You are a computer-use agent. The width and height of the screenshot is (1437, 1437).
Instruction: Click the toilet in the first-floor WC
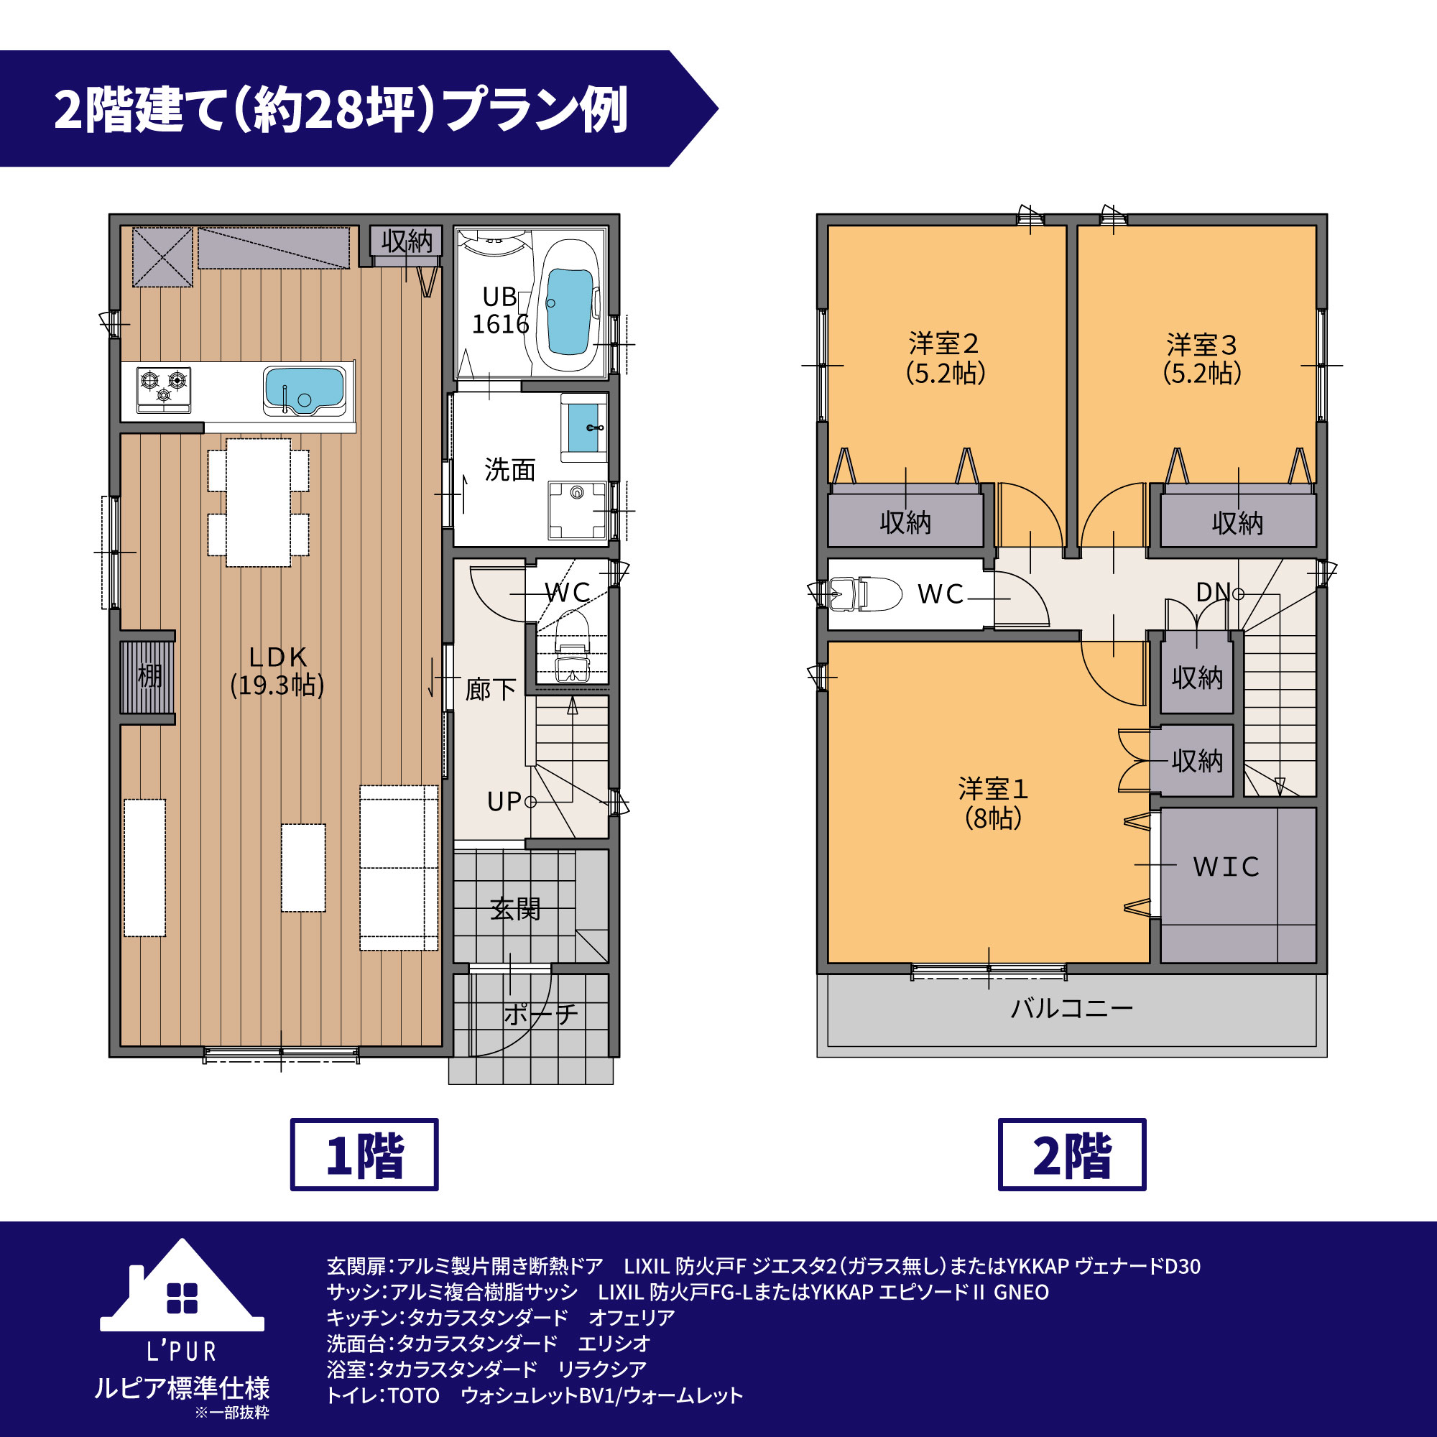(572, 647)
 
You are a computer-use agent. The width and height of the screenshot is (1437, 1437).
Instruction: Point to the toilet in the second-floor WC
(865, 593)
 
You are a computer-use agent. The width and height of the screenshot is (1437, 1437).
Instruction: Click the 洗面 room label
(509, 470)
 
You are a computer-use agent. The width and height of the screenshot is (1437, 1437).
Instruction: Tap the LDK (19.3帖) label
(277, 671)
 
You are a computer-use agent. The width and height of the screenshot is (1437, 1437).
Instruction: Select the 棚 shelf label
(149, 676)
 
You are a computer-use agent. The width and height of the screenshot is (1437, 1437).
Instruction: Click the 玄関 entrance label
(514, 909)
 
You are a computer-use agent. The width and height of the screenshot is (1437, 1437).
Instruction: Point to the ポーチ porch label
(541, 1015)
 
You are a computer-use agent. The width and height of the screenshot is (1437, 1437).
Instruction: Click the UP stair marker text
(504, 802)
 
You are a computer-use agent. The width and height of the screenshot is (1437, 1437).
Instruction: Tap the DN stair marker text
(1213, 592)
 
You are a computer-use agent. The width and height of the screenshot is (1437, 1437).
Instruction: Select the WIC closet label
(1226, 867)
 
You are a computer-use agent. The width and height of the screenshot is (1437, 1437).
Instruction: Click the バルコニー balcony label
(1072, 1009)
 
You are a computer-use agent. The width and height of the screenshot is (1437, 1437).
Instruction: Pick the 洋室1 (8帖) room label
(993, 803)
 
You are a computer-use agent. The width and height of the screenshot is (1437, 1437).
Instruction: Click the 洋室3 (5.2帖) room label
(1202, 359)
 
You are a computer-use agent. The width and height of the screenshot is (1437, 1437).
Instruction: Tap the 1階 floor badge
(364, 1155)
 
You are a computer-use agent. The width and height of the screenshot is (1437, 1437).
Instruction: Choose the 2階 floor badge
(1072, 1155)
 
